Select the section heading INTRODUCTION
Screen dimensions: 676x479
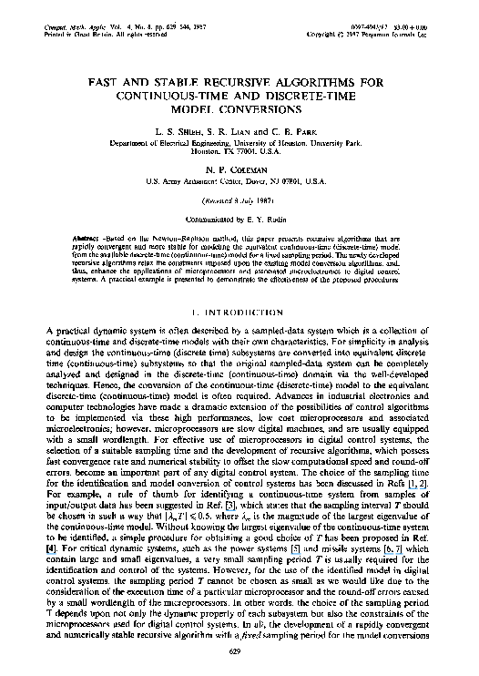coord(249,285)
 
